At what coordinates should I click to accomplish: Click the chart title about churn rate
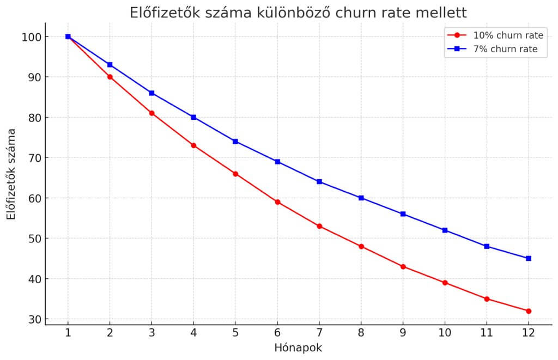coord(298,13)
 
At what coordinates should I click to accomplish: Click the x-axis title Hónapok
coord(298,347)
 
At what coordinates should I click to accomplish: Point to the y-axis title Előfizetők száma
coord(11,173)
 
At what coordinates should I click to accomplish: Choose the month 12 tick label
coord(528,332)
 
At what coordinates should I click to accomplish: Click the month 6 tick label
coord(277,332)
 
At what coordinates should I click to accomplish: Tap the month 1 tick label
coord(68,332)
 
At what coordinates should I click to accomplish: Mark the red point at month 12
coord(528,311)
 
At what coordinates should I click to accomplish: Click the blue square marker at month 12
coord(528,259)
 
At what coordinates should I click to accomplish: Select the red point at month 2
coord(110,77)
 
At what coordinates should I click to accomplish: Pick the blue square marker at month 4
coord(193,117)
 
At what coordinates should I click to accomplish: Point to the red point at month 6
coord(277,202)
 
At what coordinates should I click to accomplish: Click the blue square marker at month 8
coord(361,198)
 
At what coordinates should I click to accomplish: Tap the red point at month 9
coord(403,266)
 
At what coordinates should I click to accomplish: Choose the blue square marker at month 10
coord(445,230)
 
